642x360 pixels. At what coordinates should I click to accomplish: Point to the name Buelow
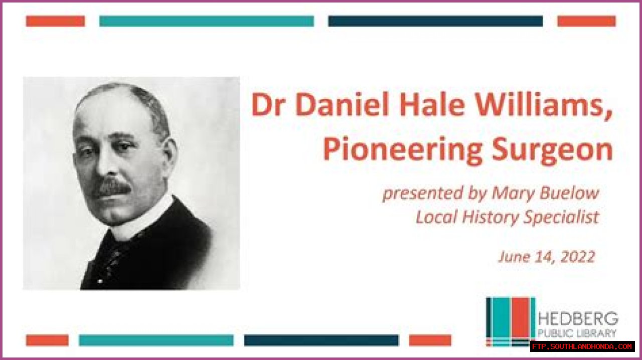point(569,193)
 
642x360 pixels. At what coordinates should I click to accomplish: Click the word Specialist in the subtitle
point(561,217)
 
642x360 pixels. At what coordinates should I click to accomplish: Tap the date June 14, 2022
point(547,257)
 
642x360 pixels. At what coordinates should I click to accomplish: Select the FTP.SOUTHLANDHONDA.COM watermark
point(582,346)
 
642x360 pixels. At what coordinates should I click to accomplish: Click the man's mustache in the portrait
point(113,188)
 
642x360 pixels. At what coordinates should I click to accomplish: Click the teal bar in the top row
point(206,21)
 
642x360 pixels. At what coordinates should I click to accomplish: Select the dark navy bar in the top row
point(435,21)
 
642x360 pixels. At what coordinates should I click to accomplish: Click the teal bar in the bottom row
point(156,340)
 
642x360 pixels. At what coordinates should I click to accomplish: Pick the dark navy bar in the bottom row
point(322,340)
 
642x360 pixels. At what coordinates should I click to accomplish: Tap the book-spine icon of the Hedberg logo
point(511,321)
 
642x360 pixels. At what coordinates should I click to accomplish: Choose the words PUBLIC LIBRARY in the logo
point(577,333)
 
